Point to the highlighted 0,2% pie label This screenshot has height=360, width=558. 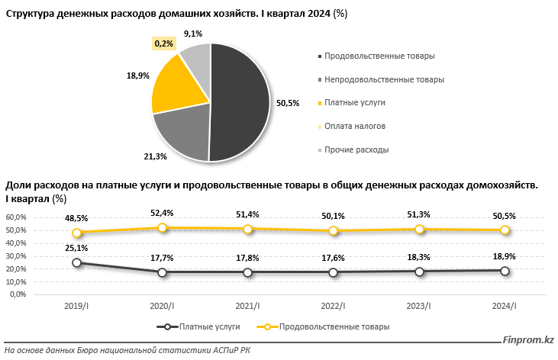164,44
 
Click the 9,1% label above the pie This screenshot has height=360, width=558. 193,34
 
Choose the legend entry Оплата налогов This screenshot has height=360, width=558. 354,127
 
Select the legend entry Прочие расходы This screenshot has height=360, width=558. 356,149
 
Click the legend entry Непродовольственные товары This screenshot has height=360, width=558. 383,79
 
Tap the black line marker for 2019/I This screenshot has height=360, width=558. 76,262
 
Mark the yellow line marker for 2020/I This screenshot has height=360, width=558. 162,227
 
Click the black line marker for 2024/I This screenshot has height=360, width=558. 505,270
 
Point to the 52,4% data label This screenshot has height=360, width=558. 162,214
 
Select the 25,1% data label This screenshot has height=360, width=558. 76,248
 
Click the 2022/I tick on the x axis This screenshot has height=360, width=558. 333,306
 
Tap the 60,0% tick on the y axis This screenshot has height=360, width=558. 16,217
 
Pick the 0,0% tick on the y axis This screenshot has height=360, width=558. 18,294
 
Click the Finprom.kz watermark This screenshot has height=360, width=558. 527,342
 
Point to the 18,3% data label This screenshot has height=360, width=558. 418,257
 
